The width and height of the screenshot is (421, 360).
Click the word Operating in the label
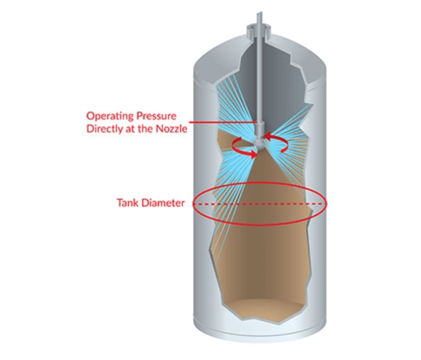pos(110,116)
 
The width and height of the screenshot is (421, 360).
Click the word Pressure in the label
pos(156,116)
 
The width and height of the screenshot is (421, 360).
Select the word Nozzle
pos(172,129)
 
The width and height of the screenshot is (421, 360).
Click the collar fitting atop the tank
pos(258,32)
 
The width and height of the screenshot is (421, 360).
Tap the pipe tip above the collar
pos(259,13)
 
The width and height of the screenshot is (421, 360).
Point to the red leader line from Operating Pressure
pos(223,122)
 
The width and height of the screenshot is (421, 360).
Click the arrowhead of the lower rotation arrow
pos(253,154)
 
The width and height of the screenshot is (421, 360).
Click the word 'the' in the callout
pos(146,129)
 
